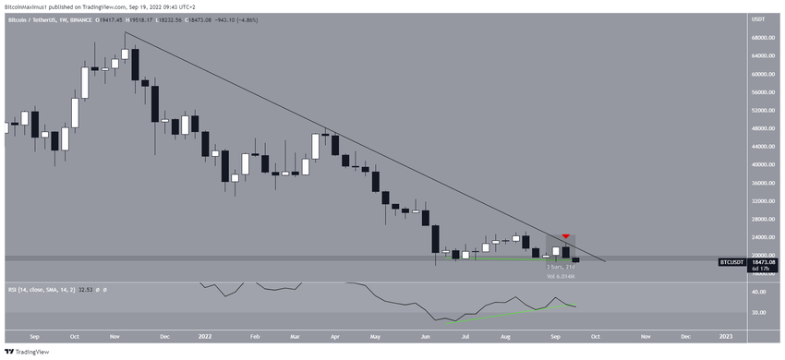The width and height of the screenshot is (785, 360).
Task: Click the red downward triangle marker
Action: tap(565, 237)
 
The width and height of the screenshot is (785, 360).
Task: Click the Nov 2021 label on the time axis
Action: tap(115, 338)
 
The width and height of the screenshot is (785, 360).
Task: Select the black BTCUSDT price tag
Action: tap(731, 262)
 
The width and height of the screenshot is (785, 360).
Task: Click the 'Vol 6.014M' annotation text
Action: tap(561, 275)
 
